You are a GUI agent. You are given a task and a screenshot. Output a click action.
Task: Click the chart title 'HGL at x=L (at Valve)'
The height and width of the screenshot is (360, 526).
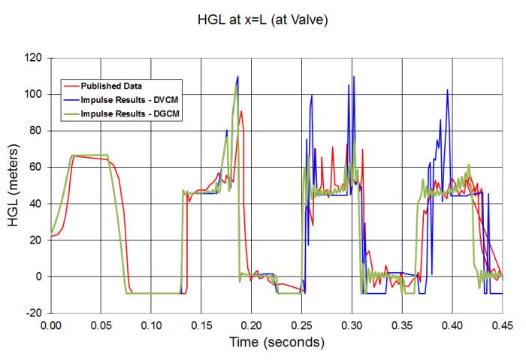(262, 20)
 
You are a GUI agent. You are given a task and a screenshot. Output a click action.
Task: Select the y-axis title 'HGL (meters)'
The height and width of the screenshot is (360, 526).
(16, 185)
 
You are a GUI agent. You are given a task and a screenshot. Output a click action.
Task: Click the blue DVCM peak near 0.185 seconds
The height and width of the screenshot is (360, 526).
(238, 76)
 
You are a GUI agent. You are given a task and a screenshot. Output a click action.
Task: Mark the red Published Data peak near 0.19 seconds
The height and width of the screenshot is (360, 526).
(241, 111)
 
